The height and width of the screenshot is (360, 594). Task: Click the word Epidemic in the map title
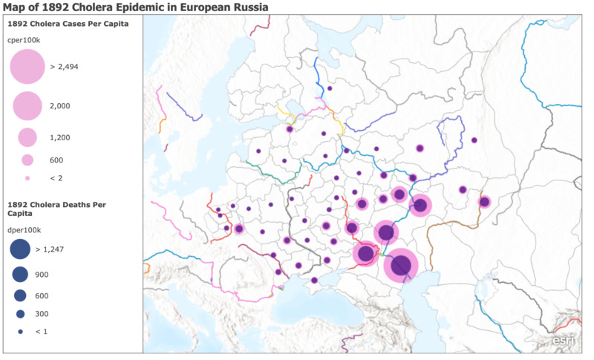(x=154, y=7)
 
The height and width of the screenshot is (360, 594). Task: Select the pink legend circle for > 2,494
(x=27, y=67)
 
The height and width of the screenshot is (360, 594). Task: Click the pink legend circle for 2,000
(x=27, y=106)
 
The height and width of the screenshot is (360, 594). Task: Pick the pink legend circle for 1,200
(x=27, y=137)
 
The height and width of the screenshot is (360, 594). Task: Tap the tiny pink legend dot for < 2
(x=27, y=178)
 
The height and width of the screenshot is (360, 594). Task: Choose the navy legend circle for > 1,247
(x=20, y=249)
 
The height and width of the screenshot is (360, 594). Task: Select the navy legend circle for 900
(x=20, y=275)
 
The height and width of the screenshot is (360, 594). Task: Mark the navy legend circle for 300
(x=20, y=313)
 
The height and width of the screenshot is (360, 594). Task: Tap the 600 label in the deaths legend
(x=42, y=295)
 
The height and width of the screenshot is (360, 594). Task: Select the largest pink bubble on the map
(x=401, y=266)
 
